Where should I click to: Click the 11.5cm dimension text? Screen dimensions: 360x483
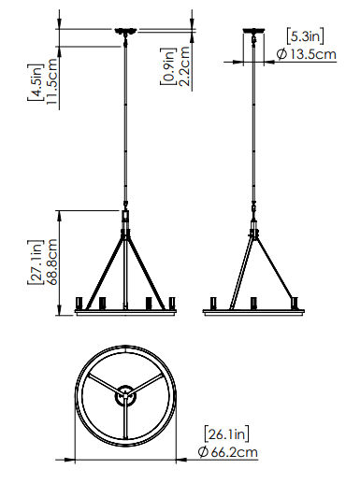[52, 81]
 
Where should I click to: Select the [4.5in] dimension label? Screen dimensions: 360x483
[35, 82]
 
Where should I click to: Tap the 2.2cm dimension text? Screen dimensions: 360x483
[184, 66]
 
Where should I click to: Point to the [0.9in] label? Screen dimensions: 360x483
[168, 66]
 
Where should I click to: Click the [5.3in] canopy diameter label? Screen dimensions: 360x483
[305, 36]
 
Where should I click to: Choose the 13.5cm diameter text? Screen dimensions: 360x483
[313, 54]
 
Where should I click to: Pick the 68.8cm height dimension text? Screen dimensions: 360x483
[52, 262]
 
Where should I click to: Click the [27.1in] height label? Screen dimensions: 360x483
[35, 263]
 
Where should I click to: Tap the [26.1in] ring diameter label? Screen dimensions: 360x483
[226, 433]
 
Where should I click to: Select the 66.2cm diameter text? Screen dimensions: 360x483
[235, 452]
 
